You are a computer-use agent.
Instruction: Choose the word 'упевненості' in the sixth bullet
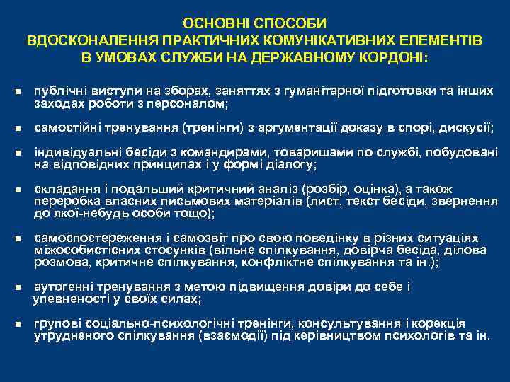pyautogui.click(x=69, y=299)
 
